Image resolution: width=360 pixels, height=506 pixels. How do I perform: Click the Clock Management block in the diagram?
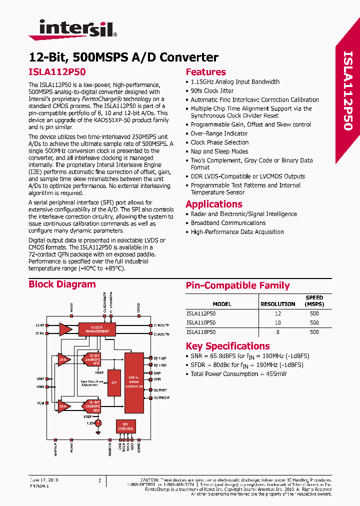97,329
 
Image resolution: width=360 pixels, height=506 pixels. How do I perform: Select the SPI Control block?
125,426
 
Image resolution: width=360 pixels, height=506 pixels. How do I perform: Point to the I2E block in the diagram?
114,383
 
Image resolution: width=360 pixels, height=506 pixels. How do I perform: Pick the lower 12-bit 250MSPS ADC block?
92,405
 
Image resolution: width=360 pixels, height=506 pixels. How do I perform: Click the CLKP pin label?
40,325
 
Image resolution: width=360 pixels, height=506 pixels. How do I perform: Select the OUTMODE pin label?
161,398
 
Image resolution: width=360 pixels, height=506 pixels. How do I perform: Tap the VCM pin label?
40,403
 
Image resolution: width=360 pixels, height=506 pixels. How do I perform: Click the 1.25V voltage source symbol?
98,423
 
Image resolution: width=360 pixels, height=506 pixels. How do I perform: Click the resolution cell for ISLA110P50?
278,322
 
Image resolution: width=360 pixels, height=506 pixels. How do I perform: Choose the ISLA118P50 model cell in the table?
201,331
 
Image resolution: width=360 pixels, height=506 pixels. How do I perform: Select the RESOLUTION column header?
278,304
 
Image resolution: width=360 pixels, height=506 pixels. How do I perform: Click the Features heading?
205,72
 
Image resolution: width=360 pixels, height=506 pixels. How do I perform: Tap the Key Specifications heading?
227,346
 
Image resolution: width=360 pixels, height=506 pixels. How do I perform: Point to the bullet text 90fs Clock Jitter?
212,91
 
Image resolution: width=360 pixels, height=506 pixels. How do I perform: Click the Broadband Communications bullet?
228,223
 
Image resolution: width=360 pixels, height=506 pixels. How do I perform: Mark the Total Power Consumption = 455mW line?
238,374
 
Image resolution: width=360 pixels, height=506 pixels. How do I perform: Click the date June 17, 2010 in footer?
43,480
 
